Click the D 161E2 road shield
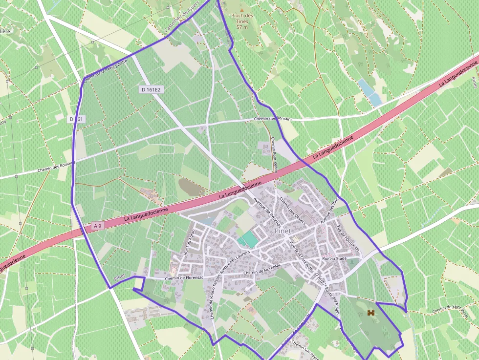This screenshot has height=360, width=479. coord(151,89)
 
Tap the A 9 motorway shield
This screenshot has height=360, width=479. coord(98,225)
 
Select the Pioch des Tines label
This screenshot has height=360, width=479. coord(243,19)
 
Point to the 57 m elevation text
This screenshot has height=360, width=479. coord(242,27)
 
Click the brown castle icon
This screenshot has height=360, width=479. coord(372,313)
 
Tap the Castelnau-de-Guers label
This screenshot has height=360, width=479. coord(182,21)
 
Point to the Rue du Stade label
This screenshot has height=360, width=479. coord(334,258)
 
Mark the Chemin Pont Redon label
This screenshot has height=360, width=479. coord(274,155)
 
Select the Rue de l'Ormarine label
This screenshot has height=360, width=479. coord(348,238)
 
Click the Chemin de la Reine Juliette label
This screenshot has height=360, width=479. coord(106,70)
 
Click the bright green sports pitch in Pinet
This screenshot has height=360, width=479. coord(248,239)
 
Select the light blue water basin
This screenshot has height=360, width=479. coord(370,92)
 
